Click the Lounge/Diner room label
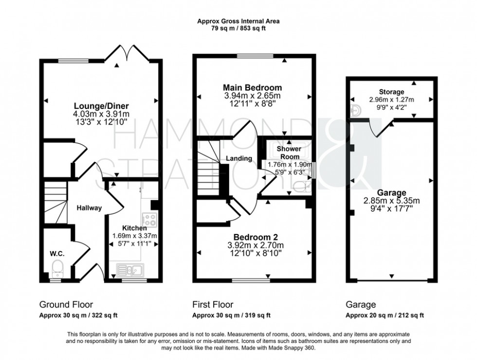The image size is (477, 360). (101, 106)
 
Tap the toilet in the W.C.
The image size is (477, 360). (57, 266)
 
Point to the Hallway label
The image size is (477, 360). (90, 208)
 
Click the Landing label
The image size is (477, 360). (239, 158)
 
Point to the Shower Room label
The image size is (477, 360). (289, 152)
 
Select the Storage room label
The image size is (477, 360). (392, 92)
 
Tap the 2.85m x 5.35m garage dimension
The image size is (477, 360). (390, 200)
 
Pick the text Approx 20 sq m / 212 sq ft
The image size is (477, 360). (385, 315)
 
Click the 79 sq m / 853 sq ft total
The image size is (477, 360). (238, 28)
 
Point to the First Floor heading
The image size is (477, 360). (213, 305)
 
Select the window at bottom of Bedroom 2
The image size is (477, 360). (251, 280)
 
